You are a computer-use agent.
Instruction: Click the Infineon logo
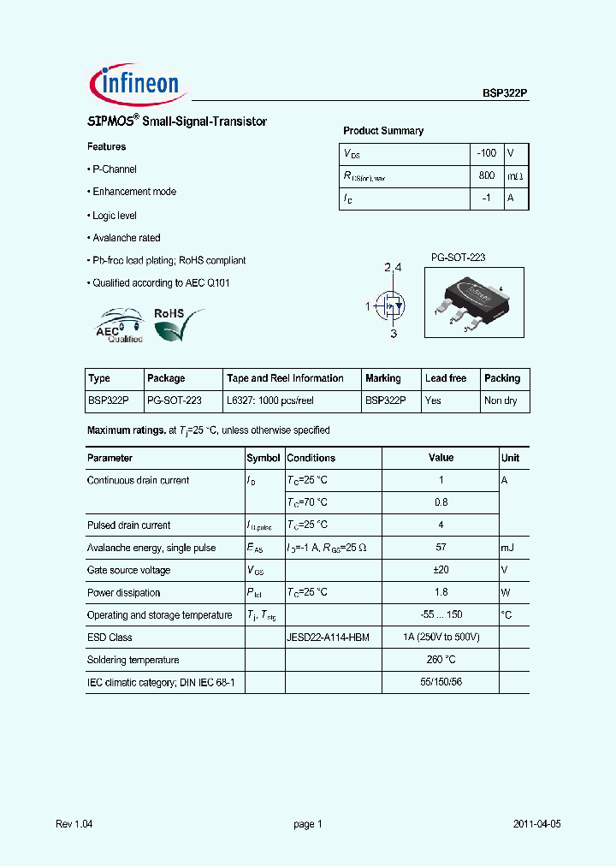coord(135,83)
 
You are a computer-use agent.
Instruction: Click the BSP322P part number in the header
coord(505,98)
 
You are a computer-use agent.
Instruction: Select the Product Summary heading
coord(383,131)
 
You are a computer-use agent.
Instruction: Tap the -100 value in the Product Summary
coord(486,153)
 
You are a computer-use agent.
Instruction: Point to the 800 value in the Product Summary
coord(486,175)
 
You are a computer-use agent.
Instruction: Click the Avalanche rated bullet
coord(126,238)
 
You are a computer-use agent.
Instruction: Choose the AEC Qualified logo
coord(117,326)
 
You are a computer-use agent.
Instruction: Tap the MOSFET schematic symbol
coord(392,304)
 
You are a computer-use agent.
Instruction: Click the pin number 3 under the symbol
coord(394,334)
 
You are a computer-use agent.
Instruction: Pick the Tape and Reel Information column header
coord(285,378)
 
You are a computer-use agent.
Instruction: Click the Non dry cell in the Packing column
coord(500,400)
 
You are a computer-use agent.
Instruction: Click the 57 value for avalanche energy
coord(441,548)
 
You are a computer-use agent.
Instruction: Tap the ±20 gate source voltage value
coord(441,570)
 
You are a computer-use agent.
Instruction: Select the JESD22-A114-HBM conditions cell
coord(328,638)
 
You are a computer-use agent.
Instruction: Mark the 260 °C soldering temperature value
coord(441,660)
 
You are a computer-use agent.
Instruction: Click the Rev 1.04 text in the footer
coord(74,824)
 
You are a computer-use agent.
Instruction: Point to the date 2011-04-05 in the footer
coord(536,824)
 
